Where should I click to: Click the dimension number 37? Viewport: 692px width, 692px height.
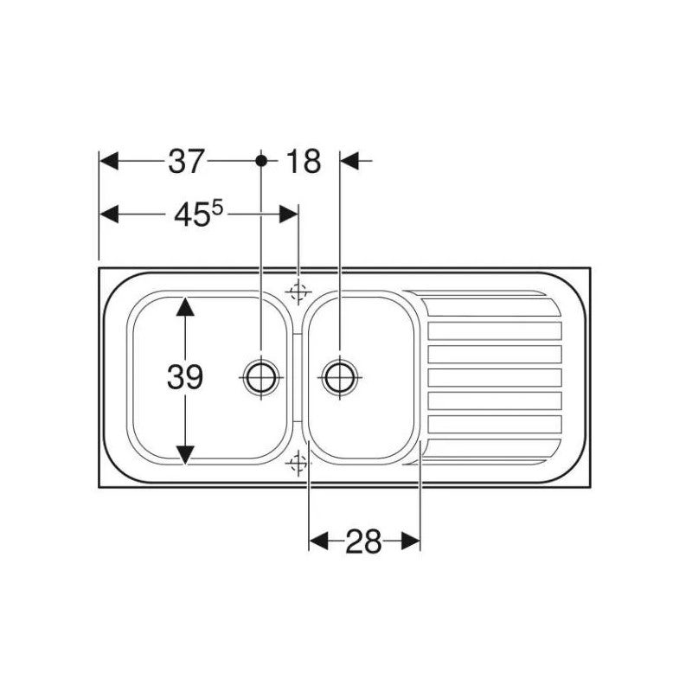186,161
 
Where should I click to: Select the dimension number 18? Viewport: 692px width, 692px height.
304,161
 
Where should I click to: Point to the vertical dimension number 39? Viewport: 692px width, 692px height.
185,377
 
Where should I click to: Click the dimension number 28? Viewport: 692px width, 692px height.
363,541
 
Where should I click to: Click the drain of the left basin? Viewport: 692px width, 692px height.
261,378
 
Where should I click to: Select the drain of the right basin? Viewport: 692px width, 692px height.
340,378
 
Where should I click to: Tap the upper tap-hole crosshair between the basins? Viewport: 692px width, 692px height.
298,292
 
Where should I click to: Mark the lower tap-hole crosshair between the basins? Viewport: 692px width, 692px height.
298,463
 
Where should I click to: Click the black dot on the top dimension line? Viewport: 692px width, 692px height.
261,161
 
